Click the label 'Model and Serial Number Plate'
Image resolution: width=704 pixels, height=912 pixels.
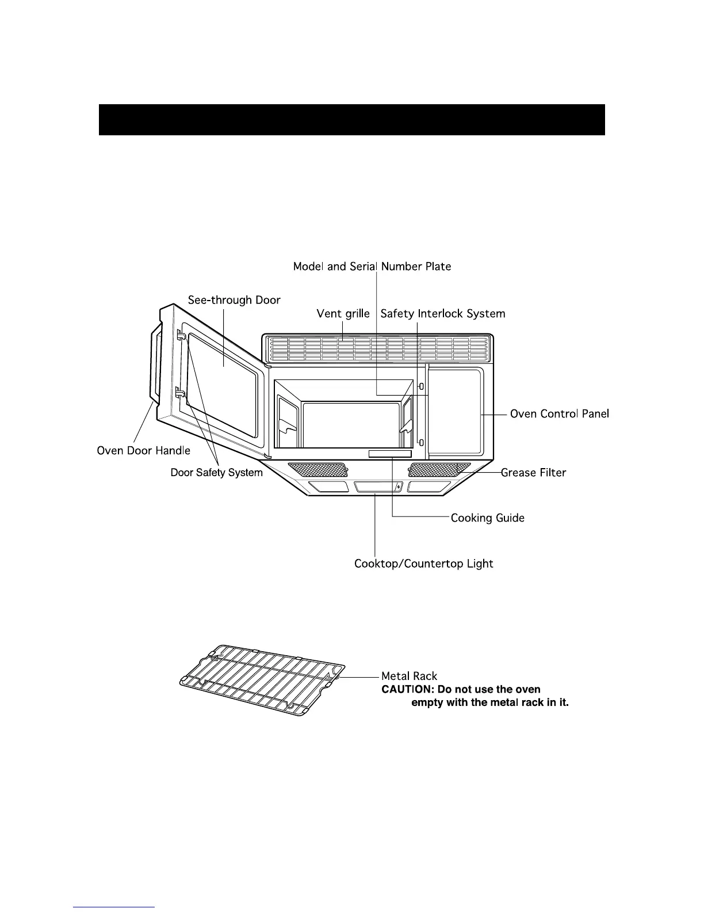pos(372,267)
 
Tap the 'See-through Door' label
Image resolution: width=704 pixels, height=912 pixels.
pos(234,300)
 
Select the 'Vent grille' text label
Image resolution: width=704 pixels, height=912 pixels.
pos(343,314)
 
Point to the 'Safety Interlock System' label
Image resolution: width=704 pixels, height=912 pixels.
pos(443,314)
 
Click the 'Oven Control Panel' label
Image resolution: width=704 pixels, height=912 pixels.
pos(559,414)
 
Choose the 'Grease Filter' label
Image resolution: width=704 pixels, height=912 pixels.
pos(533,473)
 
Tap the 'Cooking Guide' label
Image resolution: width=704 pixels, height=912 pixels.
pos(487,518)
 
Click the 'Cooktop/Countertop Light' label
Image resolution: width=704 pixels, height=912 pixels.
pos(423,564)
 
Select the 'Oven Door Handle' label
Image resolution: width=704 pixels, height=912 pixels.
pos(143,450)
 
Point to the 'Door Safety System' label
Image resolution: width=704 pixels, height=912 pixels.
pos(216,473)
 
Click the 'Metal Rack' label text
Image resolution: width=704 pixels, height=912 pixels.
pos(409,677)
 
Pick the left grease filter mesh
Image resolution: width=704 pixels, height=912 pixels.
pos(317,469)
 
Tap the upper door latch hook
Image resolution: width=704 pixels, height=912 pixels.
pos(181,336)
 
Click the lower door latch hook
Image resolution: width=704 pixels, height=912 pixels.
pos(179,392)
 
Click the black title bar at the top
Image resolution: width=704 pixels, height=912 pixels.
pos(351,120)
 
